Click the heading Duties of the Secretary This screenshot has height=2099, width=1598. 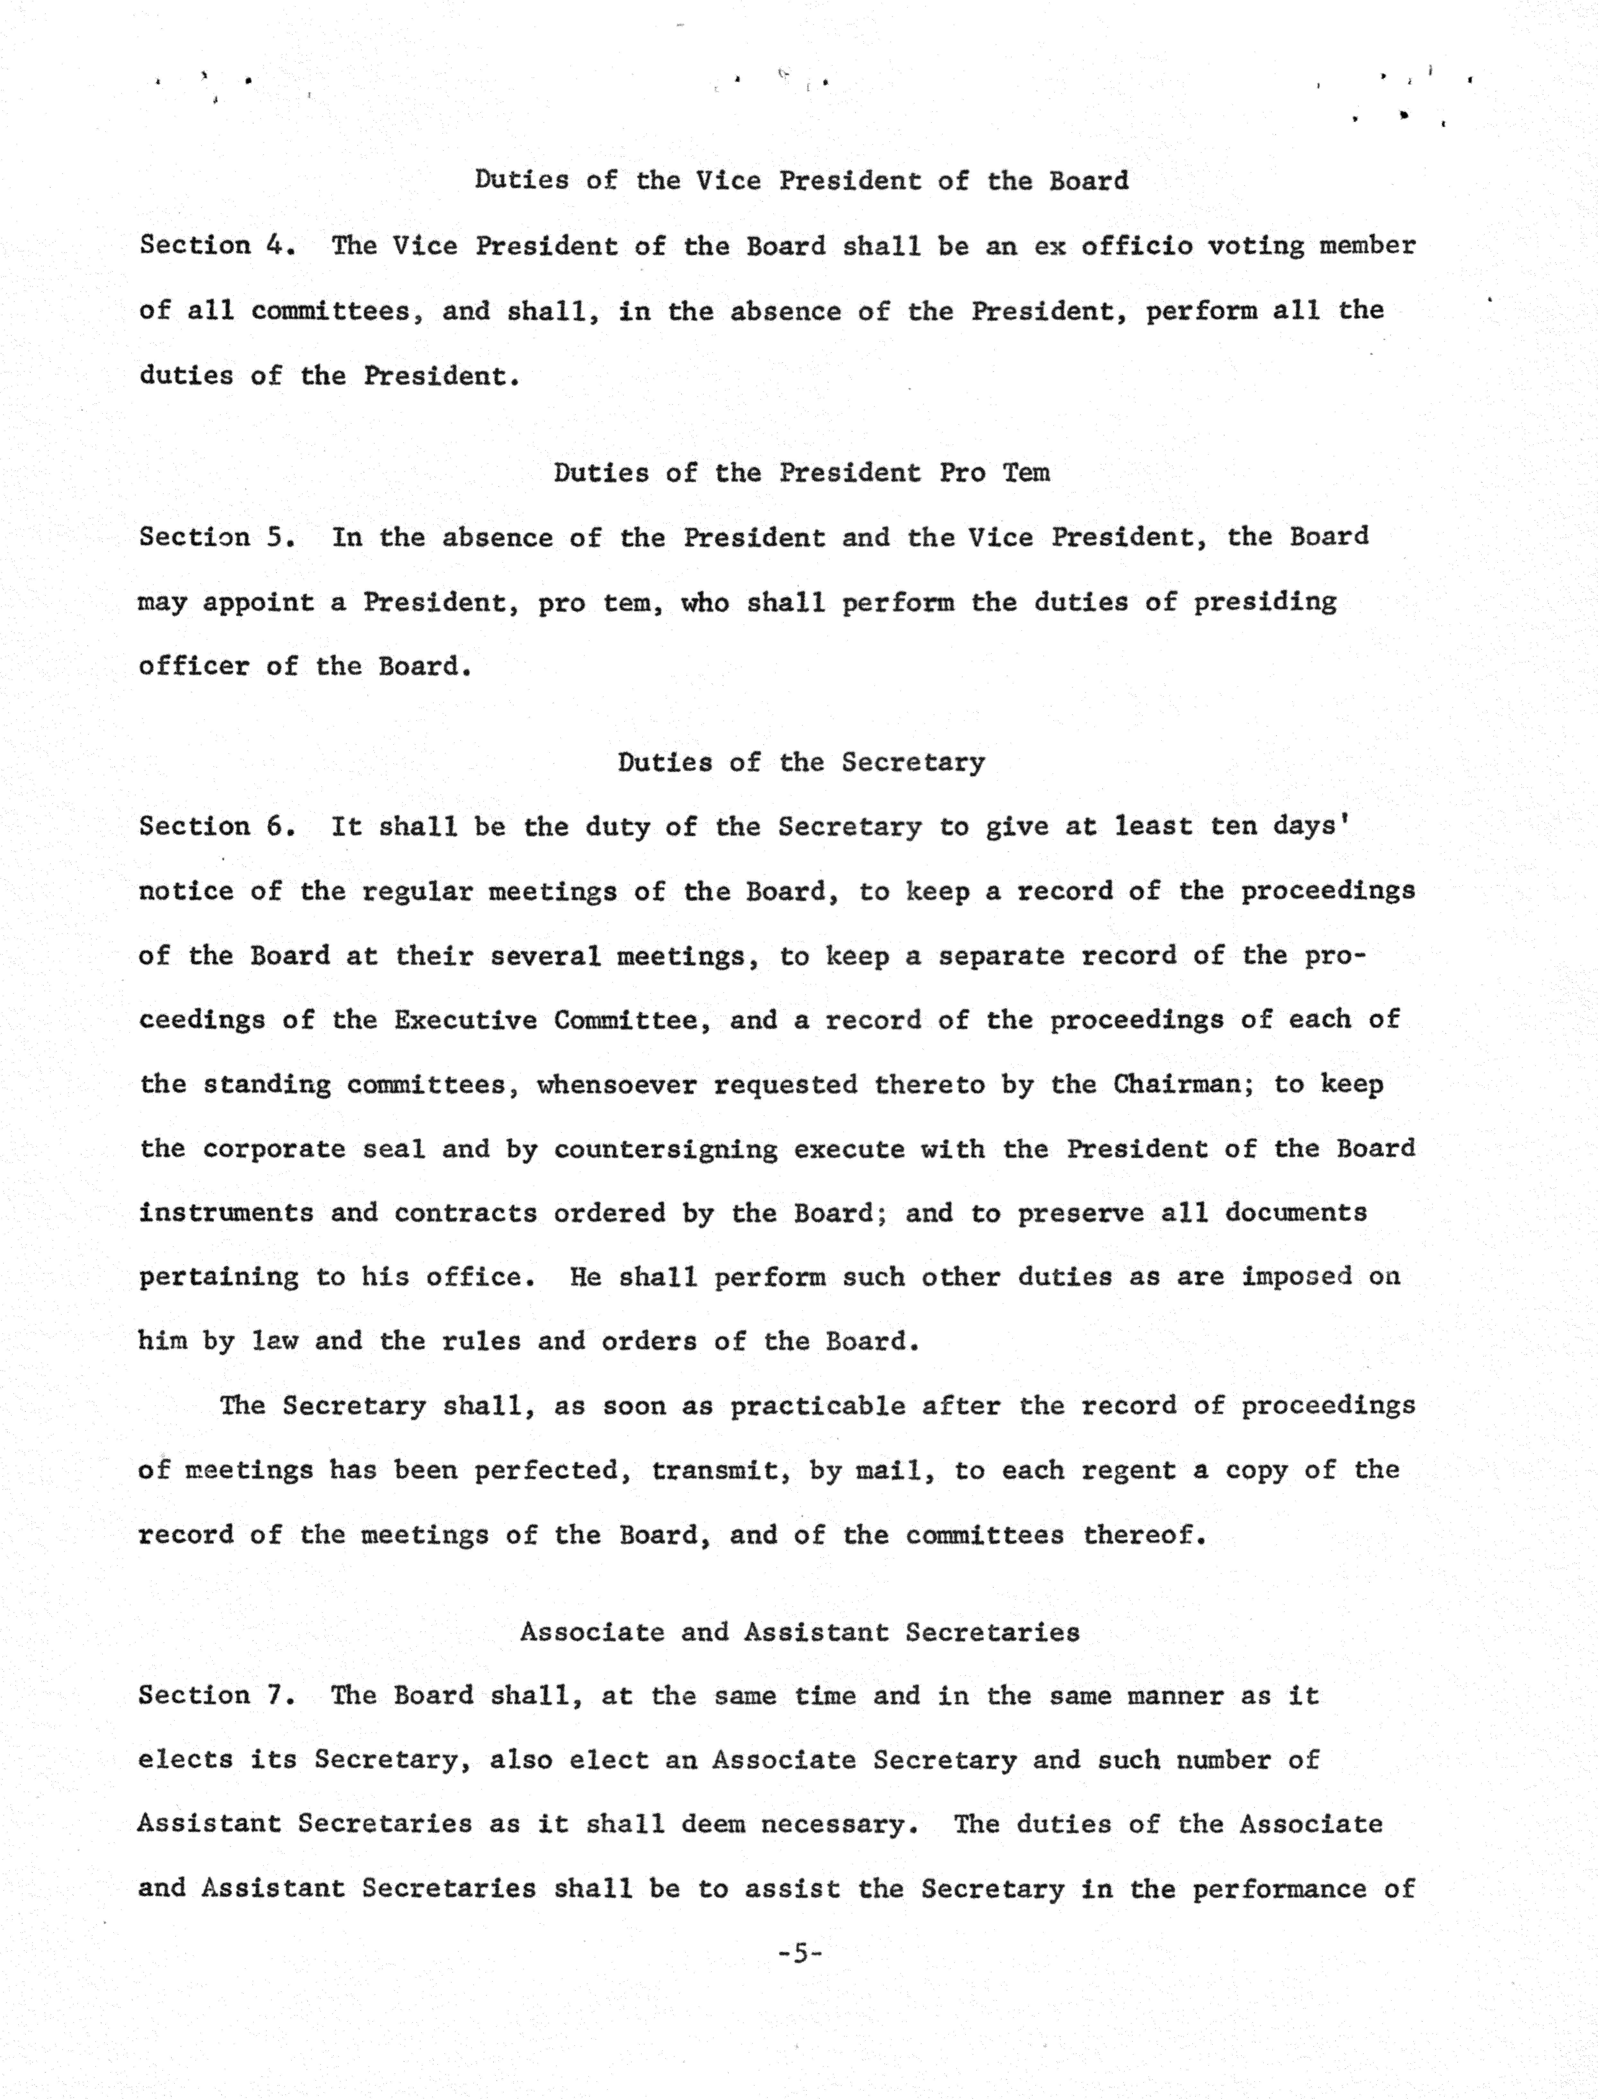[801, 763]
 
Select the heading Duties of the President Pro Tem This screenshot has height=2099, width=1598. [802, 473]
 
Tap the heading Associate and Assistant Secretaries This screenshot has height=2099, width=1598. [800, 1632]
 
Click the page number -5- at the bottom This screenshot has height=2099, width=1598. [799, 1954]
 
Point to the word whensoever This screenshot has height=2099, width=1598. [616, 1085]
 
